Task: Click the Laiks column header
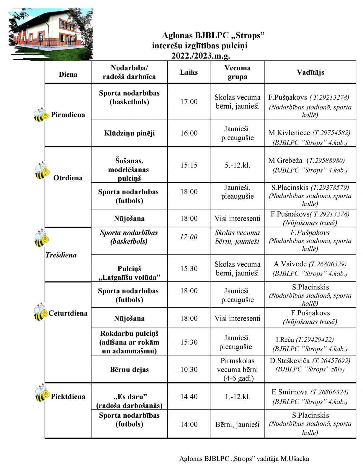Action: tap(189, 72)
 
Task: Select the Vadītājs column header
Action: tap(310, 72)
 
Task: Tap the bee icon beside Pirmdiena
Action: tap(41, 115)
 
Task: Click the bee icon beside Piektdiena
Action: tap(42, 393)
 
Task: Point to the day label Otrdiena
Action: tap(68, 178)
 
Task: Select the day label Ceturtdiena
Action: tap(68, 313)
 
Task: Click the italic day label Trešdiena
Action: tap(61, 255)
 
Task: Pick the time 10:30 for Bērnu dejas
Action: tap(189, 370)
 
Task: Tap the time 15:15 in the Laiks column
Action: tap(189, 165)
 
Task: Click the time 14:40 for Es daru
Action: tap(189, 397)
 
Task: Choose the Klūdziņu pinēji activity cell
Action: tap(129, 133)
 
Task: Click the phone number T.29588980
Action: tap(326, 161)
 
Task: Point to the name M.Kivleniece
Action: tap(289, 133)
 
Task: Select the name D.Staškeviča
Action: tap(290, 361)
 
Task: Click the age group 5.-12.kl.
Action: tap(237, 165)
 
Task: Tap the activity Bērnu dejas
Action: tap(129, 370)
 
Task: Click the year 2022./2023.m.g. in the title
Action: tap(201, 56)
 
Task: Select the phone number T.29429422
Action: tap(315, 340)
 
